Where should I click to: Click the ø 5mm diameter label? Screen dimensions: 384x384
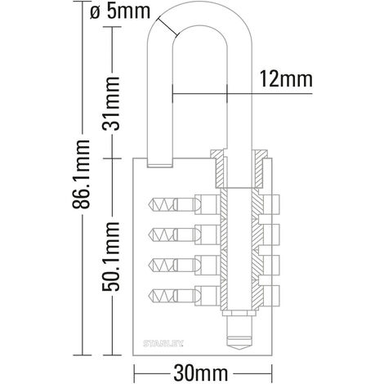pos(120,11)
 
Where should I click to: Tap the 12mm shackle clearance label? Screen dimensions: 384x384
pos(286,79)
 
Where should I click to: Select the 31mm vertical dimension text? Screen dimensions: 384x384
pos(111,103)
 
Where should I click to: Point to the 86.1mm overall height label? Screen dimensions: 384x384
pos(81,174)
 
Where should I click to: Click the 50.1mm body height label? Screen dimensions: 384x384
pos(111,257)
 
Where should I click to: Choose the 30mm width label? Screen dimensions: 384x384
pos(201,373)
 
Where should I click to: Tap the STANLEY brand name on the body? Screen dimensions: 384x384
pos(163,343)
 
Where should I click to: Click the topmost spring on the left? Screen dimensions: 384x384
pos(162,204)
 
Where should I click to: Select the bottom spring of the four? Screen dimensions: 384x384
pos(162,296)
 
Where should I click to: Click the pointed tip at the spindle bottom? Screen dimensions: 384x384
pos(239,350)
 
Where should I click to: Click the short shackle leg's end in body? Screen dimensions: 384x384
pos(160,165)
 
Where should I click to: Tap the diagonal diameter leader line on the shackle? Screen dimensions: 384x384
pos(167,27)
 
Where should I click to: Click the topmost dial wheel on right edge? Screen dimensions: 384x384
pos(271,204)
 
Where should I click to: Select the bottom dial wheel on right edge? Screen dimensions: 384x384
pos(271,296)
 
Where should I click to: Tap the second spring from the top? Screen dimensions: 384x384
pos(162,234)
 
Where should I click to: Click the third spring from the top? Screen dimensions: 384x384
pos(162,265)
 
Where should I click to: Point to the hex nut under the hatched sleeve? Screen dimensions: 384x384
pos(239,313)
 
